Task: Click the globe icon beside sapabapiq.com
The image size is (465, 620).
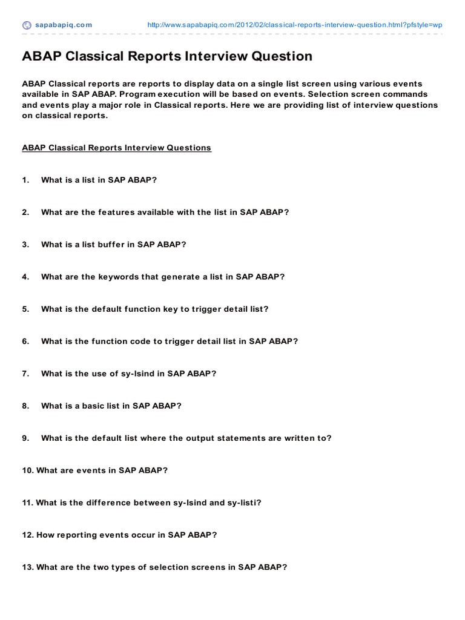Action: click(27, 25)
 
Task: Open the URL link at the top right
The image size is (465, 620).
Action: click(295, 25)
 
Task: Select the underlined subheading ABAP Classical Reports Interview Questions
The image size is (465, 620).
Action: click(116, 148)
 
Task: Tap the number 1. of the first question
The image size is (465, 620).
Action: click(25, 180)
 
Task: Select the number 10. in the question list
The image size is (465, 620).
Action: click(28, 470)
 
